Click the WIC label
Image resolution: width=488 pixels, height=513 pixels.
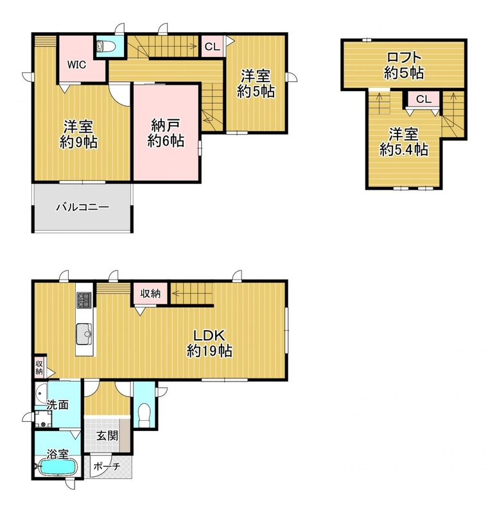click(76, 65)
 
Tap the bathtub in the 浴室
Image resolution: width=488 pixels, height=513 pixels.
click(57, 467)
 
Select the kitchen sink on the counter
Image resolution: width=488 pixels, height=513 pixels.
click(85, 334)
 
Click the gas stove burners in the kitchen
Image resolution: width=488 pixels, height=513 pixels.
click(84, 300)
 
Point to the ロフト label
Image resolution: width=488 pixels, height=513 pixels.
click(404, 58)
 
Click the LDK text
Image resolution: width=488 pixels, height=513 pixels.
click(209, 336)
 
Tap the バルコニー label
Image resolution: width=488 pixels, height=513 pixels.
click(82, 207)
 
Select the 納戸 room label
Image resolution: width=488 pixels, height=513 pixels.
click(166, 125)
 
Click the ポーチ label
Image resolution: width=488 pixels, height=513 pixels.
click(107, 466)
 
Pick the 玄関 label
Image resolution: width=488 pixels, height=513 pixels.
click(107, 436)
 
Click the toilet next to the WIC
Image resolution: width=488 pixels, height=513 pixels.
click(105, 46)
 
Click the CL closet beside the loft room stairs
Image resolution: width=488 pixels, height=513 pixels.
click(424, 99)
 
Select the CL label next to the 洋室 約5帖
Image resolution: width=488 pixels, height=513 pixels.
click(213, 47)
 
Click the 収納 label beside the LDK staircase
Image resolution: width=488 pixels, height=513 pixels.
click(150, 294)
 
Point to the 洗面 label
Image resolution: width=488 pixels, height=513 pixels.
click(57, 405)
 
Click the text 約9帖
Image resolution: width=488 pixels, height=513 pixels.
click(78, 142)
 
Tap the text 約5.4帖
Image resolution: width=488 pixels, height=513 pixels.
click(404, 150)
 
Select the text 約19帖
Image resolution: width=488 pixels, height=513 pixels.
click(209, 351)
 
